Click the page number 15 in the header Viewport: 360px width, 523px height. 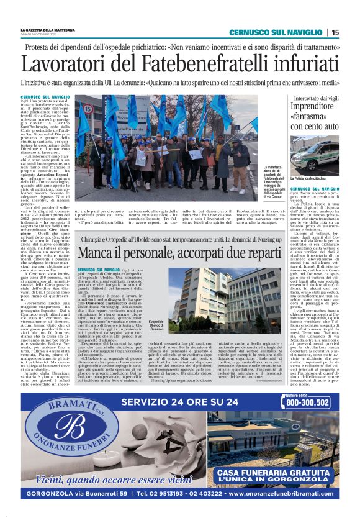point(335,32)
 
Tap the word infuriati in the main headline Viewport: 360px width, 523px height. point(298,65)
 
